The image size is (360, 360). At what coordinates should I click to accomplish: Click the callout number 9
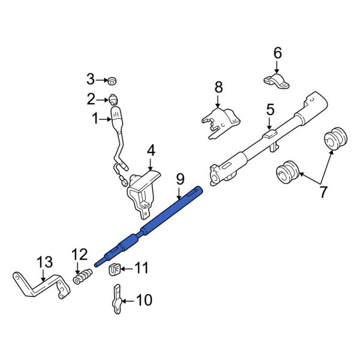(x=179, y=179)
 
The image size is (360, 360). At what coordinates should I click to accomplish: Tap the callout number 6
(x=277, y=53)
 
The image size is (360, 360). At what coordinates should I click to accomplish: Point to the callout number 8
(x=218, y=88)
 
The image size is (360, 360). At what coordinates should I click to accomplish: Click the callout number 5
(x=270, y=109)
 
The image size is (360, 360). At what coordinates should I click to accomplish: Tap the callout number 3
(x=91, y=79)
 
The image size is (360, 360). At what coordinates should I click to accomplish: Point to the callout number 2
(x=91, y=98)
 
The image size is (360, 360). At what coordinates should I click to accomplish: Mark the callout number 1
(x=95, y=119)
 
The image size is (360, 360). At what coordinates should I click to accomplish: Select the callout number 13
(x=45, y=263)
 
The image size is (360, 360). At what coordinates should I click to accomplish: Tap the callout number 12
(x=79, y=255)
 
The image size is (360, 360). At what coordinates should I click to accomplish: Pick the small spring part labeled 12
(x=83, y=277)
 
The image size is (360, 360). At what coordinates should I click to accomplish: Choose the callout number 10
(x=144, y=299)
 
